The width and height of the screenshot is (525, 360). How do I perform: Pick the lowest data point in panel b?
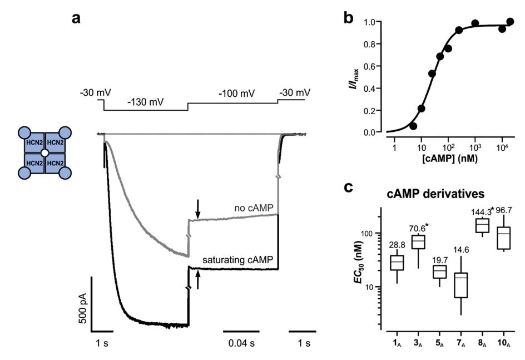pyautogui.click(x=413, y=126)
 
